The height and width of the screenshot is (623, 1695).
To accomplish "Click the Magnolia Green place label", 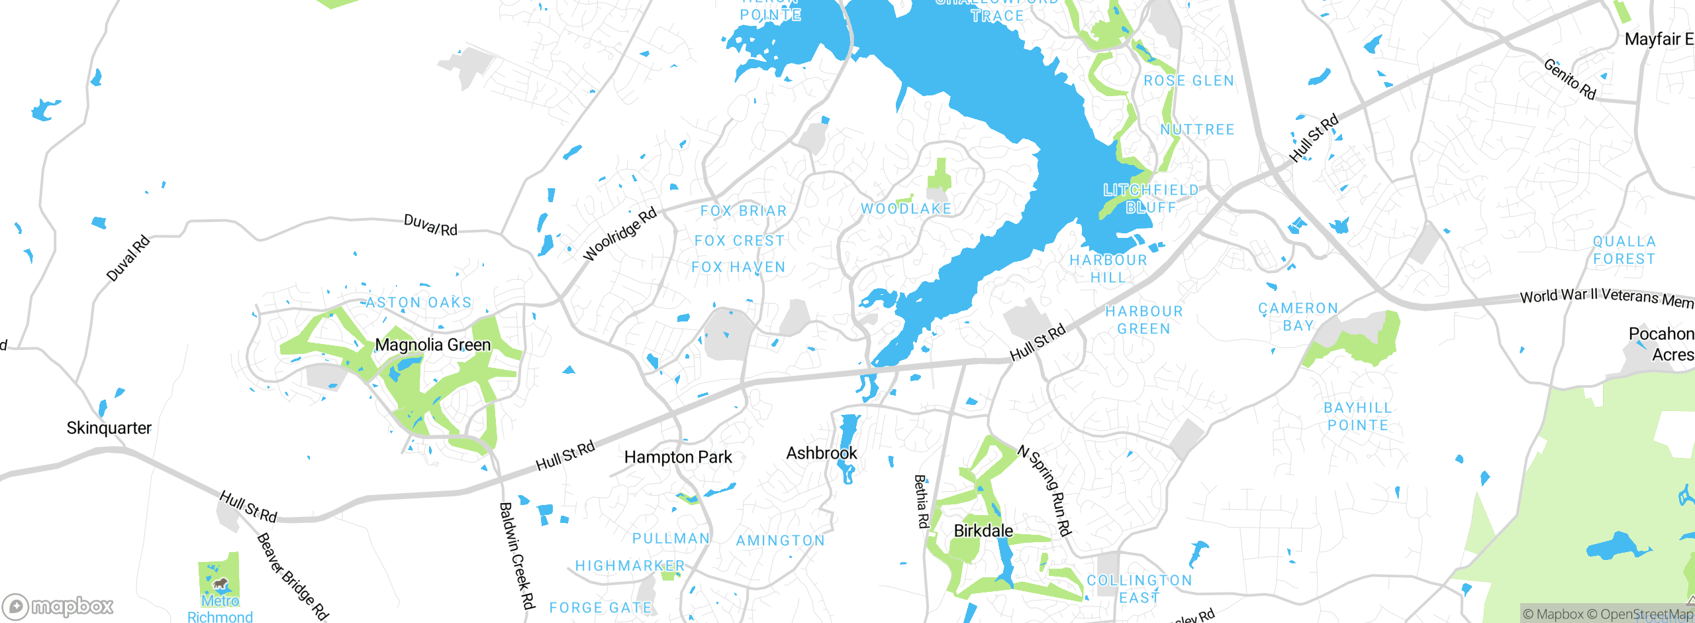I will click(x=433, y=345).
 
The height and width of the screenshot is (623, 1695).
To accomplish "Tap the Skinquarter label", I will click(x=109, y=428).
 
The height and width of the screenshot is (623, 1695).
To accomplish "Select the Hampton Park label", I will click(x=678, y=457).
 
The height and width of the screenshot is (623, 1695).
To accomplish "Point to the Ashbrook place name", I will click(x=822, y=453).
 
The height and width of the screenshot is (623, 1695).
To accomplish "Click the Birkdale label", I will click(x=983, y=531).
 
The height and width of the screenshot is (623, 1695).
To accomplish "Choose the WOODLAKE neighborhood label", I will click(x=906, y=209).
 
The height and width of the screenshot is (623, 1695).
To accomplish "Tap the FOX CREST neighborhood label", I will click(x=740, y=241).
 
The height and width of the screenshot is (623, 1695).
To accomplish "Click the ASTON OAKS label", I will click(x=418, y=303).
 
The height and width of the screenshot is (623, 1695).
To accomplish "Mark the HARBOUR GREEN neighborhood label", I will click(x=1144, y=320).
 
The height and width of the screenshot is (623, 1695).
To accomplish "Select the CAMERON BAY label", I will click(x=1298, y=317).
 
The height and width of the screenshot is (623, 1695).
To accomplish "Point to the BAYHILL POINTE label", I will click(x=1358, y=417).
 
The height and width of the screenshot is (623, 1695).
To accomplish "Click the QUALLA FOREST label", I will click(x=1624, y=250).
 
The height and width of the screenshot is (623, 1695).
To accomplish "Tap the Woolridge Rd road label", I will click(x=620, y=233).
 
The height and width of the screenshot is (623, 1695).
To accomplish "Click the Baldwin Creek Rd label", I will click(x=516, y=555).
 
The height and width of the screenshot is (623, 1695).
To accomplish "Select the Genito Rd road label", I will click(x=1570, y=79).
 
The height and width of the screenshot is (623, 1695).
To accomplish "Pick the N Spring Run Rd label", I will click(x=1044, y=490).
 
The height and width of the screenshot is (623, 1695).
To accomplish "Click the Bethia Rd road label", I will click(x=921, y=501).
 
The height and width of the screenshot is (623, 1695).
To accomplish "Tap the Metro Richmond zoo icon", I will click(x=220, y=584).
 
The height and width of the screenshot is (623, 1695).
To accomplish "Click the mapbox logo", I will click(x=58, y=606).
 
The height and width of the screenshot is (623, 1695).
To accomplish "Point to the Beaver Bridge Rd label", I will click(x=292, y=576).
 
